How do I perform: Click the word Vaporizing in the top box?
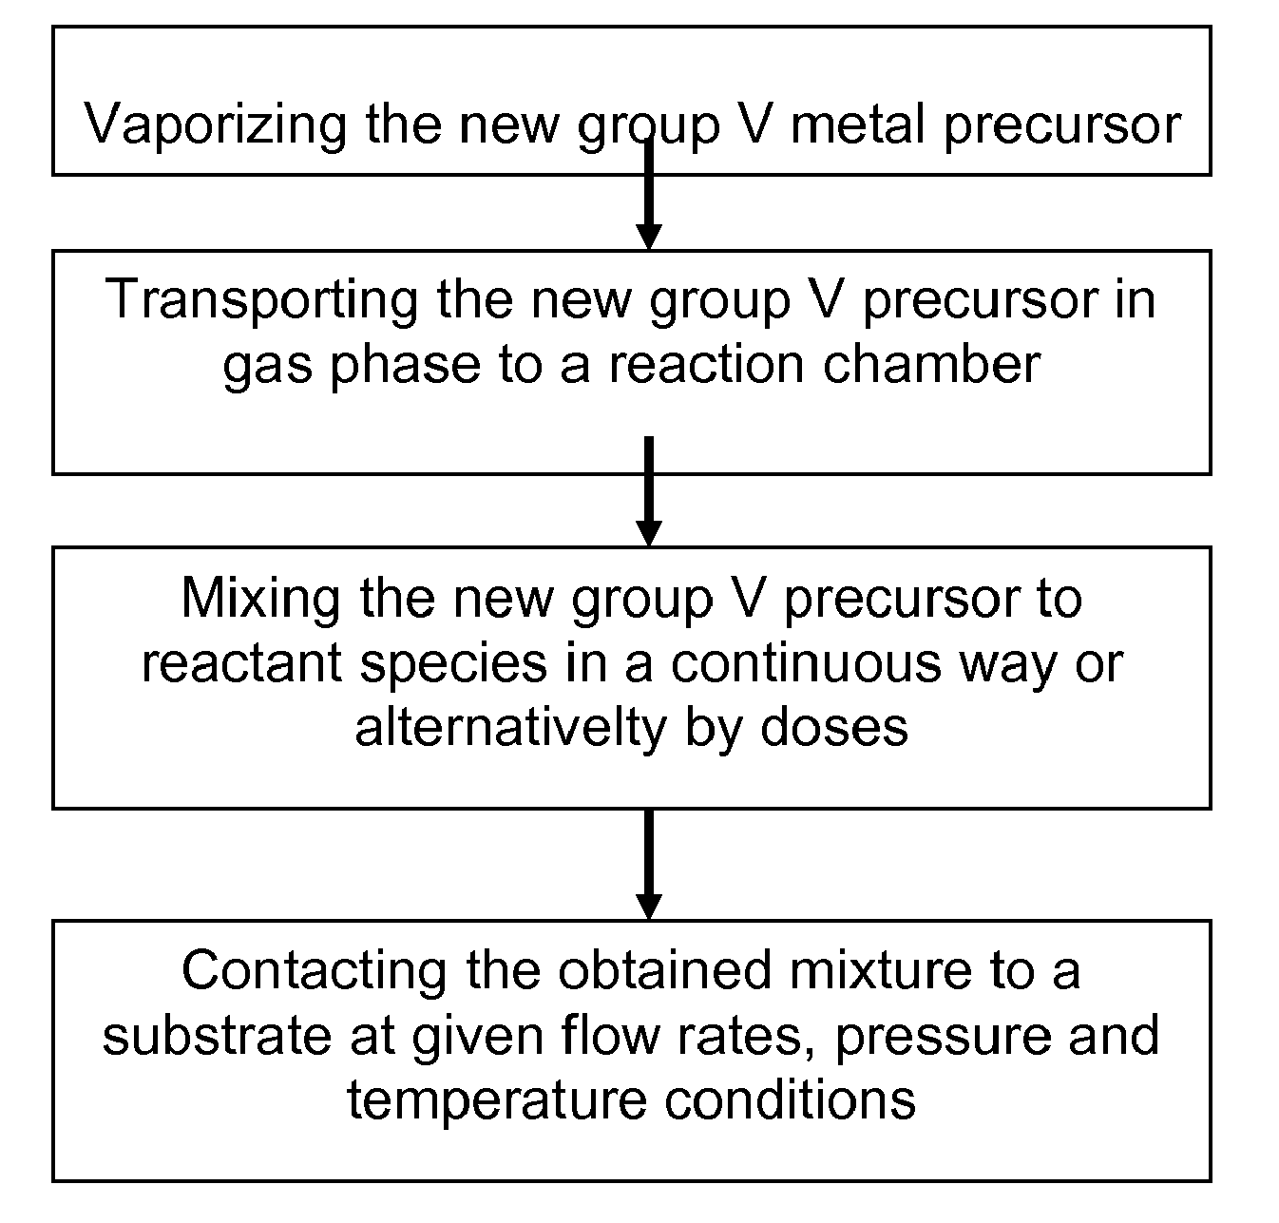click(215, 125)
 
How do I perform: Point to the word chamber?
click(931, 364)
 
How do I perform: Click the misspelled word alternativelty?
click(510, 728)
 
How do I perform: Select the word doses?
click(834, 728)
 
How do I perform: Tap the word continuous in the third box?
click(806, 663)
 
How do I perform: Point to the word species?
click(453, 663)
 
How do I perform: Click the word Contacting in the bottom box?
click(315, 971)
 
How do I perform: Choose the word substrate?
click(217, 1037)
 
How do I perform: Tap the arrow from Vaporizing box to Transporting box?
click(649, 194)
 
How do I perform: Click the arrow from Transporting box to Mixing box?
click(649, 491)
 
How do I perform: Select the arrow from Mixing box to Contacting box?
click(649, 864)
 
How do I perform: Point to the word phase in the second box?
click(405, 366)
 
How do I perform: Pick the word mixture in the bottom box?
click(880, 971)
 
